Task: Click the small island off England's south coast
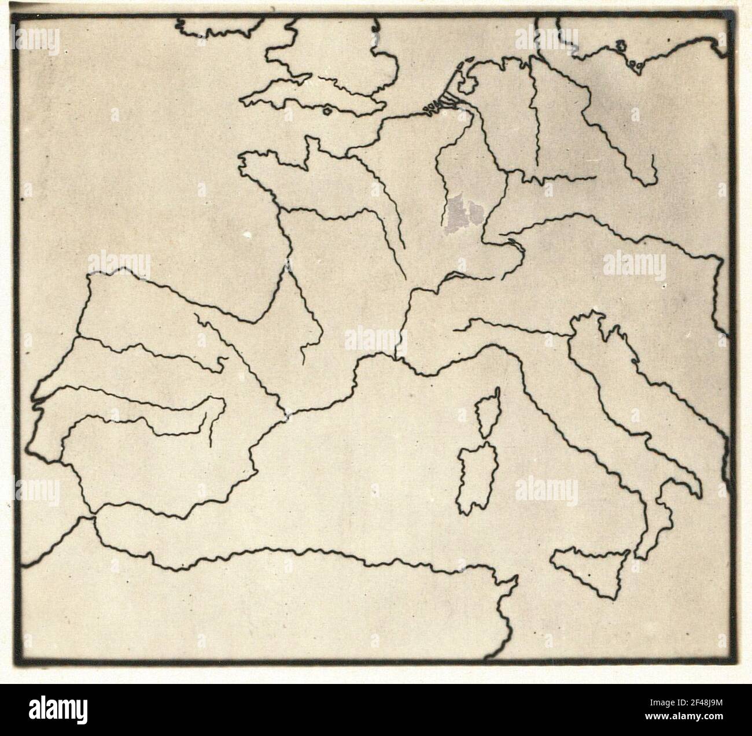tap(327, 110)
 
